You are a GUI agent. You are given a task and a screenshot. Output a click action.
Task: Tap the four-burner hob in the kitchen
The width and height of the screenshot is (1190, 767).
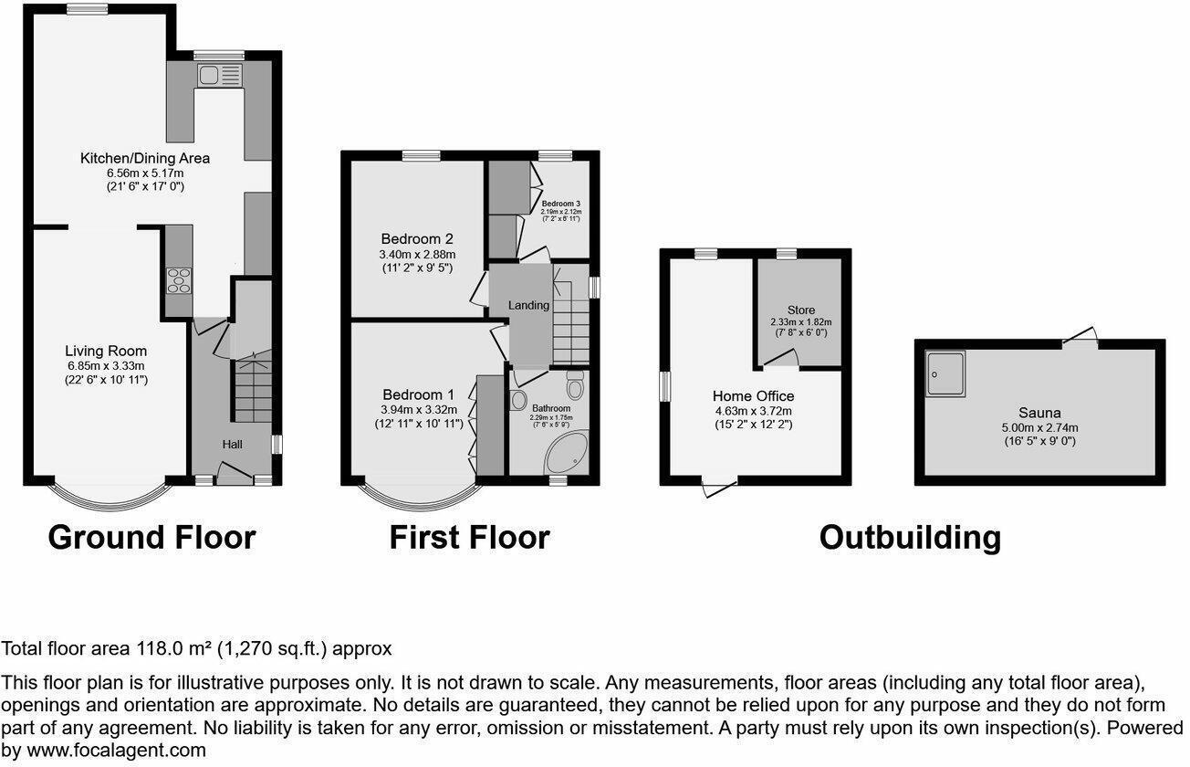click(x=179, y=279)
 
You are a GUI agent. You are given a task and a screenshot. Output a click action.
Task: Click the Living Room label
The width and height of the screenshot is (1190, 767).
click(x=106, y=351)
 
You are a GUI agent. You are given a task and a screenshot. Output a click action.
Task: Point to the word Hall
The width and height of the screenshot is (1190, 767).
click(x=233, y=444)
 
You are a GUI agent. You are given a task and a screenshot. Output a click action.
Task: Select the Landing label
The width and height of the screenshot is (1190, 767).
click(x=529, y=305)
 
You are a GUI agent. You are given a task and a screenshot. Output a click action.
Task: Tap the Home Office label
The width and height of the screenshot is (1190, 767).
click(x=753, y=396)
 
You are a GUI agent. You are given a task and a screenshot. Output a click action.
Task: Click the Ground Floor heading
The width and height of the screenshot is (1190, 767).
click(x=151, y=537)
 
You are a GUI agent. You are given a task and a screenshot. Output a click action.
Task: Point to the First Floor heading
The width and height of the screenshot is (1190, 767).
click(x=469, y=537)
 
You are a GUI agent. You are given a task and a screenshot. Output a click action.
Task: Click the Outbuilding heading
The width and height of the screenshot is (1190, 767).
click(x=909, y=537)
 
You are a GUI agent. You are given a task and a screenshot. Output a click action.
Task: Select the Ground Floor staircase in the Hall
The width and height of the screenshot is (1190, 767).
click(x=253, y=388)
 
